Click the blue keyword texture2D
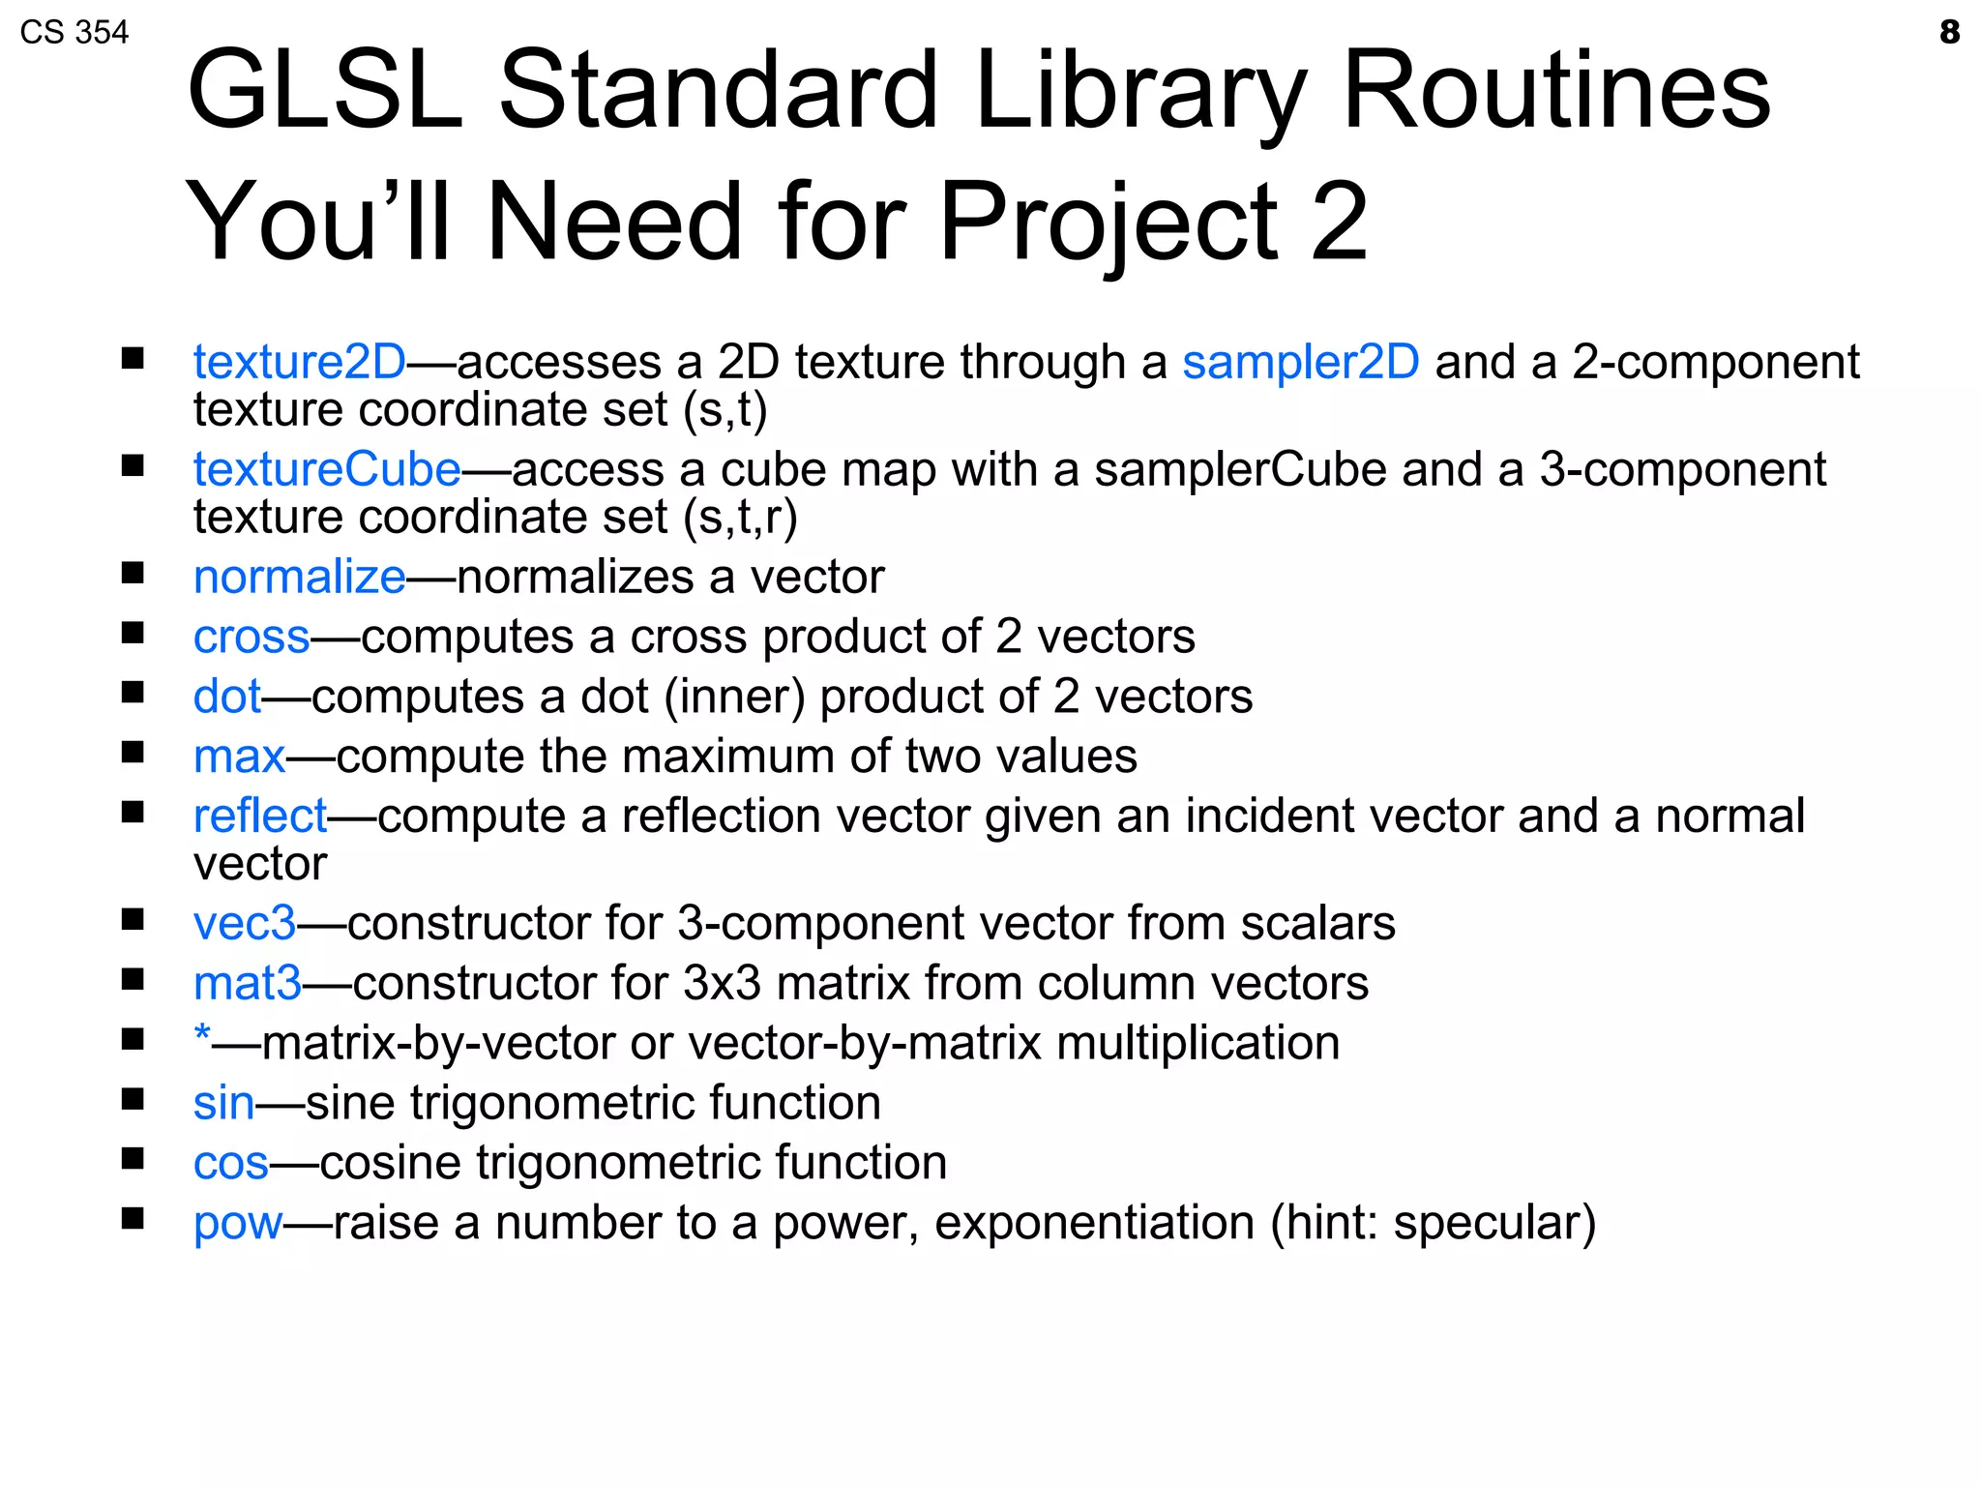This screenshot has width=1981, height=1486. point(299,363)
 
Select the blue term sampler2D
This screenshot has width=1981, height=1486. point(1300,363)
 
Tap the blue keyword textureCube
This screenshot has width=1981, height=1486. point(326,470)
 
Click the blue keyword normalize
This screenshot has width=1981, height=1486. point(299,578)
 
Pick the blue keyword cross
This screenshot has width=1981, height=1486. point(251,638)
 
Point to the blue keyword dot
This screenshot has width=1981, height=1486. point(226,697)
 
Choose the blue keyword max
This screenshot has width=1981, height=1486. point(239,757)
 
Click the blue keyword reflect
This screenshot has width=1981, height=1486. point(260,816)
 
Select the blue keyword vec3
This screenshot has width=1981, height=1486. point(244,923)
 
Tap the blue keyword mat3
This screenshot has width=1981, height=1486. point(247,983)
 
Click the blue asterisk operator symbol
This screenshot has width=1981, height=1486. point(202,1035)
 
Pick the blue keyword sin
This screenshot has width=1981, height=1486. point(223,1103)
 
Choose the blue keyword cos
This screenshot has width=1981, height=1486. point(230,1163)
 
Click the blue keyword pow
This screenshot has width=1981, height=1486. point(237,1224)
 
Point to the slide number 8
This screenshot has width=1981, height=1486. point(1949,32)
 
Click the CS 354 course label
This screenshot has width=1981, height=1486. point(74,33)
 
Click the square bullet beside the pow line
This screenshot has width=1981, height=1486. point(133,1217)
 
